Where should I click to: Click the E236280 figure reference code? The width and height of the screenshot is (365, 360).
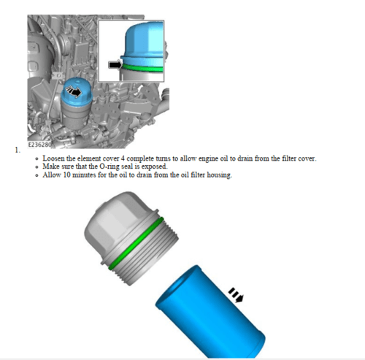click(40, 145)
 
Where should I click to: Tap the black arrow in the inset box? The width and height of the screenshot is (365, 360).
click(115, 65)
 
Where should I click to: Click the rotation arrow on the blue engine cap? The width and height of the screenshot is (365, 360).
click(74, 91)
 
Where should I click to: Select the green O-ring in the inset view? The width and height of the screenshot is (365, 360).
click(142, 69)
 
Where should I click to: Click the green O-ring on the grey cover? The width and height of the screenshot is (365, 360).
click(137, 244)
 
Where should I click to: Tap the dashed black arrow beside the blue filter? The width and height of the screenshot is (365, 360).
click(236, 295)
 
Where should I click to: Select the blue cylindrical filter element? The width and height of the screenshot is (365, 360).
click(210, 312)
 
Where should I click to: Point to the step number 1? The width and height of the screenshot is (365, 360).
click(18, 150)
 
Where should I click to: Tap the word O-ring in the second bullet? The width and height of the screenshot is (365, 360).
click(109, 166)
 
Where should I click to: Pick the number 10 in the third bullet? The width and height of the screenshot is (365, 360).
click(66, 175)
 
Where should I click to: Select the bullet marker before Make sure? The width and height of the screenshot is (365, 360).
click(36, 167)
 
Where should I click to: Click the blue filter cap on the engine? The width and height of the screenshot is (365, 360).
click(77, 93)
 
